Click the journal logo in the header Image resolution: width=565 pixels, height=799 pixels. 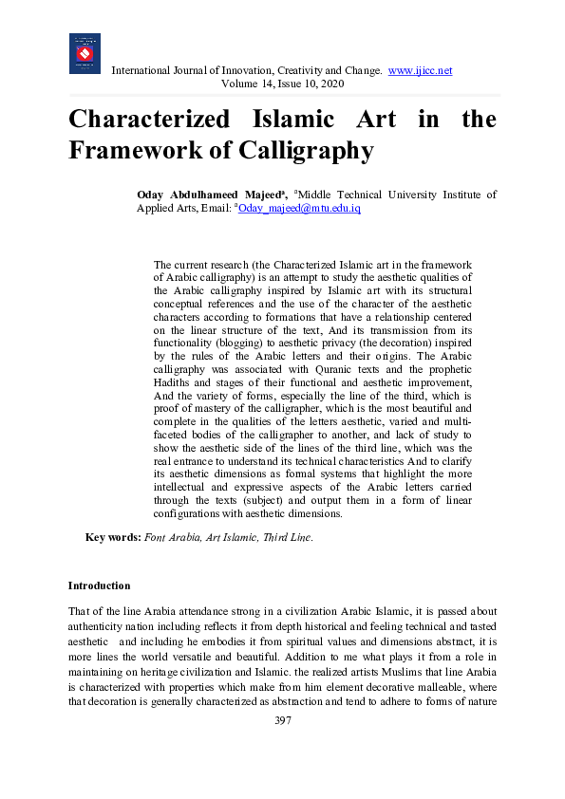pos(85,54)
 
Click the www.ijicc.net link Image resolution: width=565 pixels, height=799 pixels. pos(420,71)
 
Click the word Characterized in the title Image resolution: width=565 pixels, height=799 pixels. pos(149,121)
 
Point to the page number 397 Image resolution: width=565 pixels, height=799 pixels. pos(282,720)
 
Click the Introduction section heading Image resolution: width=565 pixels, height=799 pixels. pos(99,585)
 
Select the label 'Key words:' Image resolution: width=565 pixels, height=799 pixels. pos(113,537)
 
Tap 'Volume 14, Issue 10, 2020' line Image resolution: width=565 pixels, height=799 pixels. pos(282,84)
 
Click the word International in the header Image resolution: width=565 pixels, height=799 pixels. pos(144,71)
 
